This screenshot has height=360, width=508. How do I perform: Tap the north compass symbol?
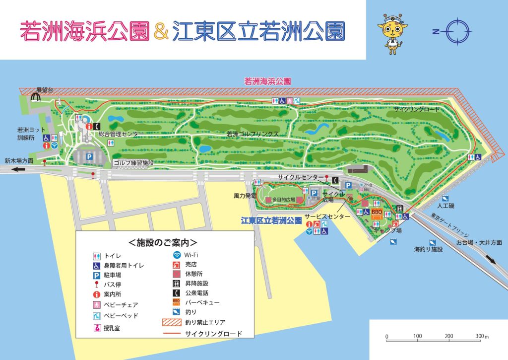[x=455, y=31]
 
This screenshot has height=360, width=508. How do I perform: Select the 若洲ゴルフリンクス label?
[x=253, y=134]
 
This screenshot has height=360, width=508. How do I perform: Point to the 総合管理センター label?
[x=121, y=134]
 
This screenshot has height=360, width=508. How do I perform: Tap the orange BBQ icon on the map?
[x=377, y=213]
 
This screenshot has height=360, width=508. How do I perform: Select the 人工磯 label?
[x=445, y=205]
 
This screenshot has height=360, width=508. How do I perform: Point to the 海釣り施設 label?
[x=428, y=249]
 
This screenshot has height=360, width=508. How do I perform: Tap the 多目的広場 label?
[x=284, y=200]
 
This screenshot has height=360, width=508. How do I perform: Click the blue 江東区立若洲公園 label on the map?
[x=271, y=220]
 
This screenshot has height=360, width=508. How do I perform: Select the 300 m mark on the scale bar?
[x=479, y=336]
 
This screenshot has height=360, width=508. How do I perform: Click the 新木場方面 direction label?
[x=19, y=160]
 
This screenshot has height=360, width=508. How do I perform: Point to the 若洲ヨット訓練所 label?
[x=24, y=133]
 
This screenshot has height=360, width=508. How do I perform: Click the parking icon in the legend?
[x=97, y=275]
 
